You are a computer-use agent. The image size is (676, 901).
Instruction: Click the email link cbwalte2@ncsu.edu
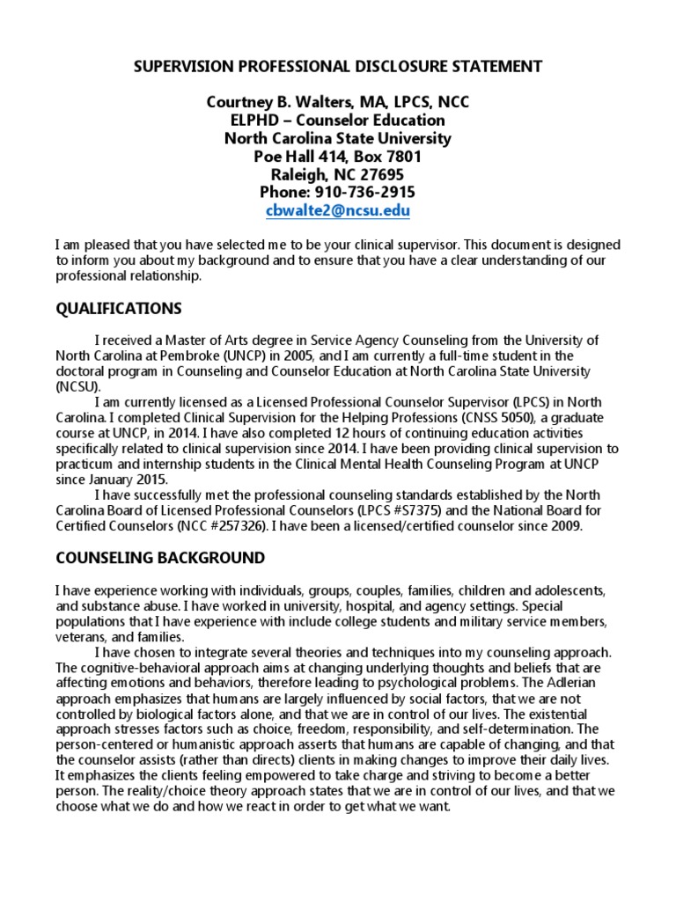pos(338,211)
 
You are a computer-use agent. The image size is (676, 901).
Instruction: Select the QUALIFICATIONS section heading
pos(119,308)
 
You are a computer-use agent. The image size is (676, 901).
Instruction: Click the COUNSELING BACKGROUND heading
pos(160,558)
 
